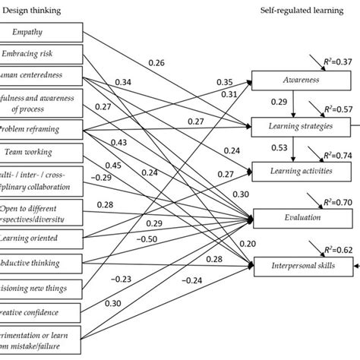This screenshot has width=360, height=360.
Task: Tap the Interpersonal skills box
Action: (x=302, y=266)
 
